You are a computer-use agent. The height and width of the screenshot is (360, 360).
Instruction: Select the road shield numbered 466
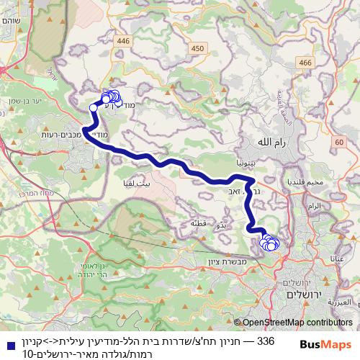coord(305,63)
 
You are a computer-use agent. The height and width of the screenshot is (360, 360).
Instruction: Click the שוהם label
coord(15,21)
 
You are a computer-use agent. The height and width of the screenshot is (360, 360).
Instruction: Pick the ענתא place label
coord(337,257)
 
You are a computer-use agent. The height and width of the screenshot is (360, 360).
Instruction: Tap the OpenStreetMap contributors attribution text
coord(297,323)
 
